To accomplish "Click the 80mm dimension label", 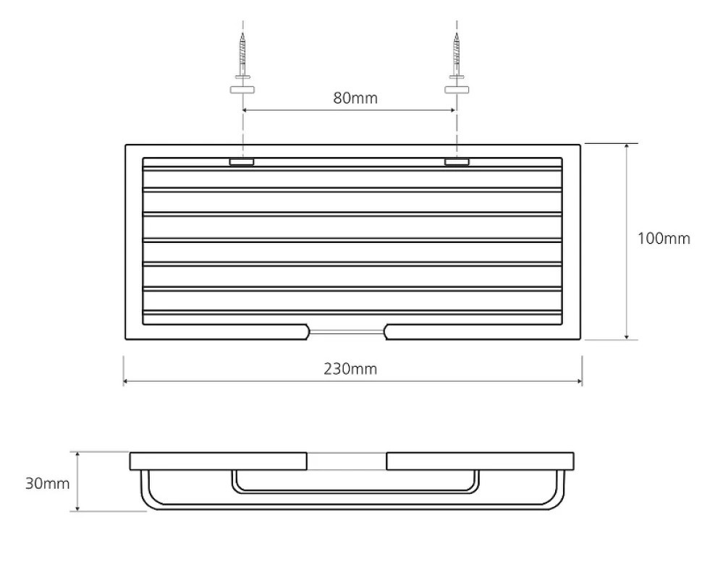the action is click(355, 98).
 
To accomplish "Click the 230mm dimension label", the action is click(350, 369).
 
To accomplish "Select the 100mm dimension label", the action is click(664, 239).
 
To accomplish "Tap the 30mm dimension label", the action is click(48, 483).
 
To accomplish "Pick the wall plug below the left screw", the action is click(242, 90).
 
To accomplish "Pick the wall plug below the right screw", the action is click(457, 90).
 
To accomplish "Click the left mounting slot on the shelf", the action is click(242, 162).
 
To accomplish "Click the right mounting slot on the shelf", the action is click(457, 162).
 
